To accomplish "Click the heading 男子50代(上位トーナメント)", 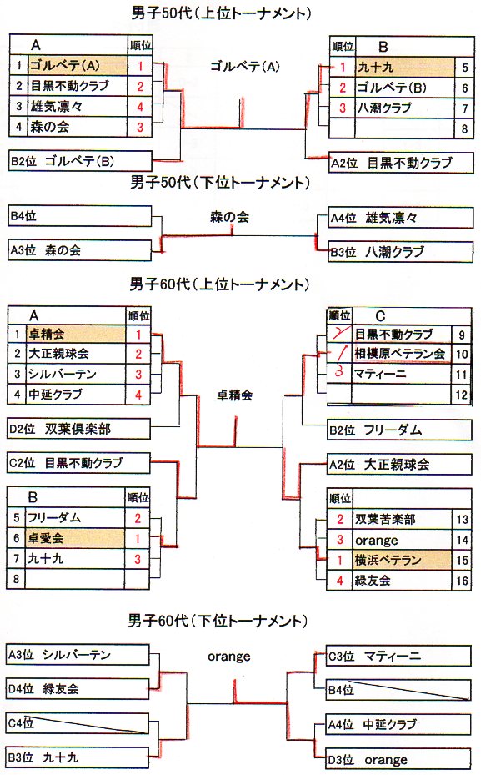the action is [221, 13].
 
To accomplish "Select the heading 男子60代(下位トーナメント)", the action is [218, 621].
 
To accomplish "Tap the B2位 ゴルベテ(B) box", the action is [81, 161].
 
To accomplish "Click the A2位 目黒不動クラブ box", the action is [401, 163].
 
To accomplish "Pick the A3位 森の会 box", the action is [80, 250].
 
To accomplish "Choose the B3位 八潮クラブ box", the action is [400, 252].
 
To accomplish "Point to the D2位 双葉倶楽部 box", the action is [79, 429].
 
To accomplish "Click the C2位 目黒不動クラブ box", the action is [79, 463].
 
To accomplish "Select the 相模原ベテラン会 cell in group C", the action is [401, 354].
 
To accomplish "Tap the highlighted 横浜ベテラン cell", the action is [402, 560].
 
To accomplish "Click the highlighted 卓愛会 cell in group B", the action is [74, 538].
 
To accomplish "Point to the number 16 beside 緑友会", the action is [462, 581].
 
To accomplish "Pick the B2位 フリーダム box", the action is [399, 430].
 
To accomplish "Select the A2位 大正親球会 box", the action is [399, 464].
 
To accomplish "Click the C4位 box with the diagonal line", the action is [78, 723].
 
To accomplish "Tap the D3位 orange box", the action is [398, 760].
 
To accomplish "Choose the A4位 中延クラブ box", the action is [398, 725].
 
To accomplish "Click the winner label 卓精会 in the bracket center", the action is [234, 395].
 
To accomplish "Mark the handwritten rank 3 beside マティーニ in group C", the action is [338, 372].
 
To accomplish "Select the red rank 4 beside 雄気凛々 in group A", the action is [140, 106].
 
